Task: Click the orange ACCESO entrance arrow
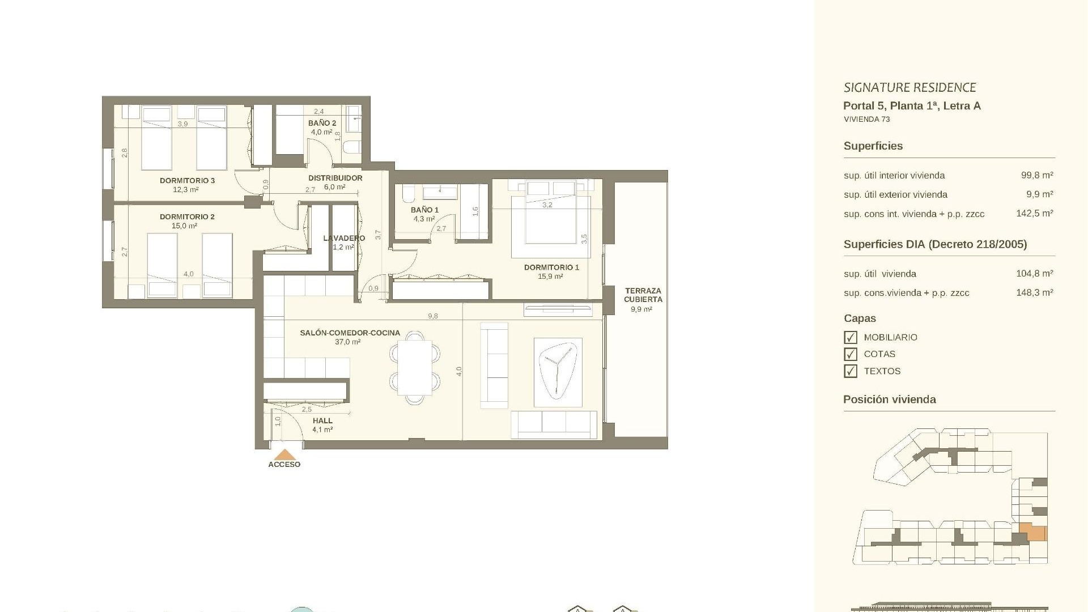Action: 284,454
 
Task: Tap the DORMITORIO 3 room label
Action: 187,181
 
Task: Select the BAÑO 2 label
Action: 322,123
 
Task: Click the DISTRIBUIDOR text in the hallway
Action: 335,178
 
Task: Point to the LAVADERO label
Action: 344,238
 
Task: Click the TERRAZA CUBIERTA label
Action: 643,295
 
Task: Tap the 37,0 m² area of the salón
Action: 347,342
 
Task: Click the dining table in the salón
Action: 414,367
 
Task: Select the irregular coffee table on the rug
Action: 558,371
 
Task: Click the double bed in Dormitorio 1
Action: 550,218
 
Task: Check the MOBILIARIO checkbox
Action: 850,337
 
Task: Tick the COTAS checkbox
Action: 850,354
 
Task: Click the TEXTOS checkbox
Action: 850,371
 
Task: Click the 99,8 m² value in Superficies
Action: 1036,175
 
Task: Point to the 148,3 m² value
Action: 1034,292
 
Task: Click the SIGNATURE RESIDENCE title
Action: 909,87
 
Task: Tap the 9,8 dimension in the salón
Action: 433,316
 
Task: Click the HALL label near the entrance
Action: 322,421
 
